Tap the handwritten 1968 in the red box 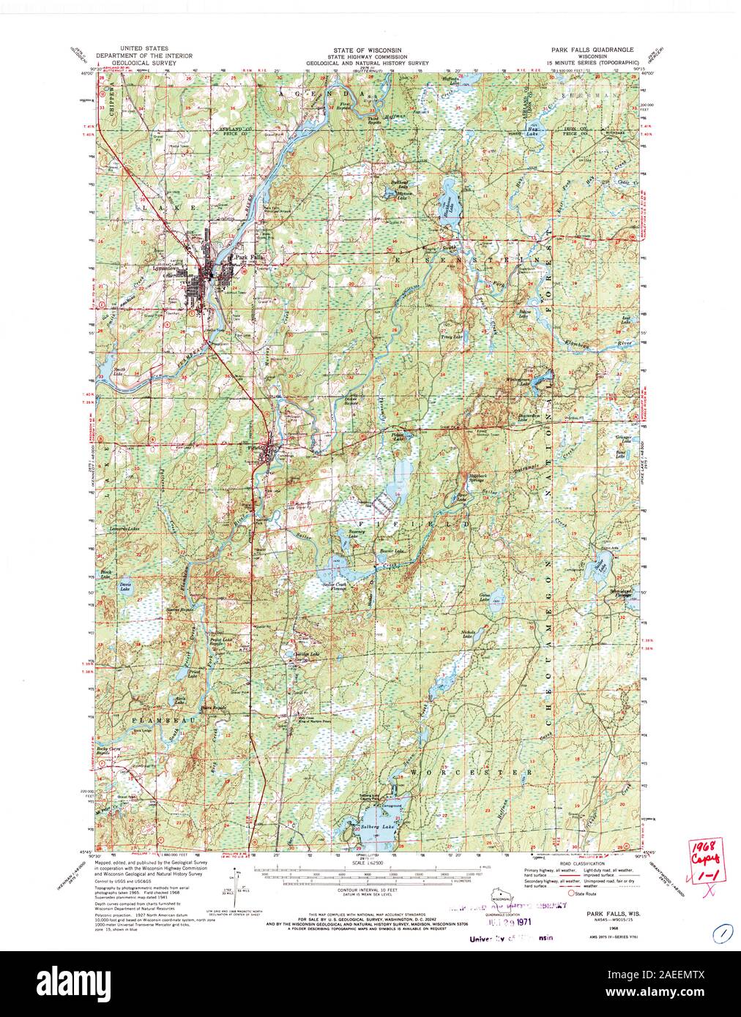701,844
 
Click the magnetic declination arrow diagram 233,885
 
